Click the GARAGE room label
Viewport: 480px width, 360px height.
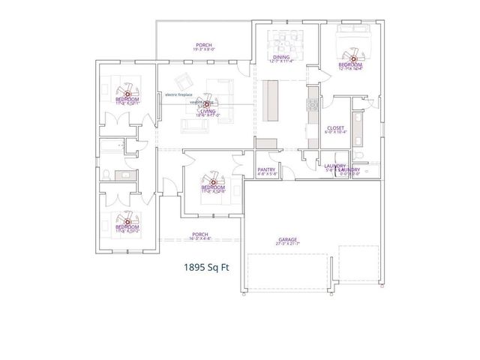click(288, 239)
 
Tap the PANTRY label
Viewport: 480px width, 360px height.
click(266, 169)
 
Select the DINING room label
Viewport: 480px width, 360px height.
click(281, 56)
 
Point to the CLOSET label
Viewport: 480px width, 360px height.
click(335, 128)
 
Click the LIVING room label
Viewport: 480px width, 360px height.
click(197, 111)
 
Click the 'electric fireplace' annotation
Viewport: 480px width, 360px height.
click(180, 94)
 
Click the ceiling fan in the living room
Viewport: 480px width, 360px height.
click(197, 104)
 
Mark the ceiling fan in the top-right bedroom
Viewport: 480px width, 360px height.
click(351, 55)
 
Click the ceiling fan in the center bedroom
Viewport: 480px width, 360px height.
click(213, 181)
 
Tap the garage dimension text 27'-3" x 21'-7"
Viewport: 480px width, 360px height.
click(288, 244)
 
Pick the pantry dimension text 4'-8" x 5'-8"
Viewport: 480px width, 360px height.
click(266, 174)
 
